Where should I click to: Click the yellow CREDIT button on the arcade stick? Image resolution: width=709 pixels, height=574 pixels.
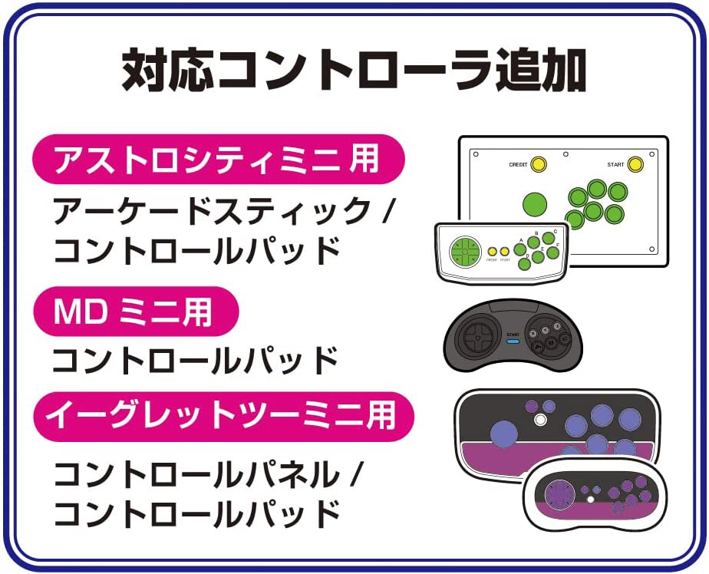tap(539, 163)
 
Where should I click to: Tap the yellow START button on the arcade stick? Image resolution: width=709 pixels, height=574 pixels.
tap(635, 163)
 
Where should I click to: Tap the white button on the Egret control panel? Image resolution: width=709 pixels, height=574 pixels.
tap(541, 420)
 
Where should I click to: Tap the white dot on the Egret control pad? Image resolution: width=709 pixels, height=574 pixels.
tap(590, 500)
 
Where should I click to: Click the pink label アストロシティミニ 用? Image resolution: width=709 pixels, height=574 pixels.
tap(217, 160)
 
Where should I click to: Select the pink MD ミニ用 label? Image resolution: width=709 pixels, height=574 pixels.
tap(134, 312)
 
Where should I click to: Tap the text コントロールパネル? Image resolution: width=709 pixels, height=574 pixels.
tap(196, 473)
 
